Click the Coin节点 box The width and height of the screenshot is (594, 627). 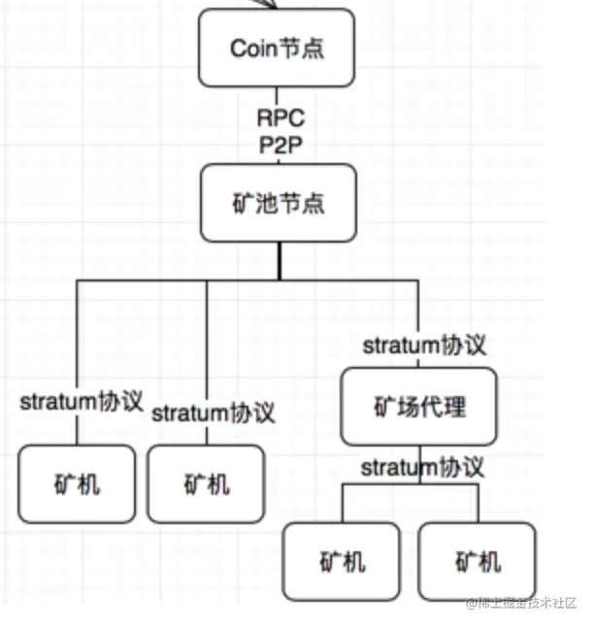[x=277, y=48]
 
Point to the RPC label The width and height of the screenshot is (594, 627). [x=280, y=118]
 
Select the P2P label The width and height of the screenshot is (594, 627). [x=280, y=145]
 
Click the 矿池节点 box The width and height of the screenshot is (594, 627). [x=279, y=203]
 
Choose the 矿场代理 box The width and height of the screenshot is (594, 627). [x=418, y=407]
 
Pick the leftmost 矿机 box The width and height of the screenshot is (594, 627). [x=77, y=484]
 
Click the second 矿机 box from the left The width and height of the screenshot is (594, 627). [x=207, y=484]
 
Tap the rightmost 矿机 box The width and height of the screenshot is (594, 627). [x=478, y=561]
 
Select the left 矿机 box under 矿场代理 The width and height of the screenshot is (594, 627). [x=342, y=561]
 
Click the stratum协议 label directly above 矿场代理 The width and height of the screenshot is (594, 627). [x=424, y=346]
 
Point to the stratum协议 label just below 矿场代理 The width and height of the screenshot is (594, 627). [x=422, y=467]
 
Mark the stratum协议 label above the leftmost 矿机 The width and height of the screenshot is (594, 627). [x=82, y=401]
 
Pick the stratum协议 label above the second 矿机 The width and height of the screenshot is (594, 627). [x=214, y=412]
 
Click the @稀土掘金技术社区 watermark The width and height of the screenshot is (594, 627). [x=521, y=603]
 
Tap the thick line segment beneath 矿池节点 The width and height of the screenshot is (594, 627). [x=280, y=261]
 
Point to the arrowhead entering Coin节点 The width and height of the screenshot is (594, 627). [x=267, y=4]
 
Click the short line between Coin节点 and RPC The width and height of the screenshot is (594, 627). [x=277, y=97]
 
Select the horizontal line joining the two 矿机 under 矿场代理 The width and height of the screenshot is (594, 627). [x=411, y=484]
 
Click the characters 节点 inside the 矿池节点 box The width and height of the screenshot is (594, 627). [x=301, y=203]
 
